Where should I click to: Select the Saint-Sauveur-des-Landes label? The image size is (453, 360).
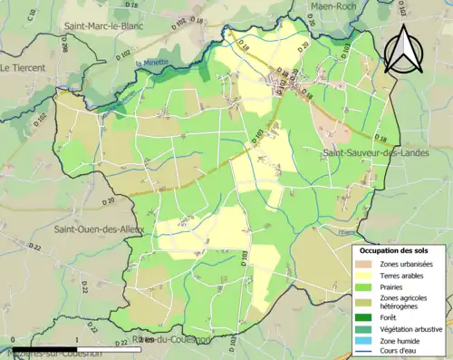click(x=372, y=155)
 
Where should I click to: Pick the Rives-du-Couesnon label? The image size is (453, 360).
click(x=171, y=340)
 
